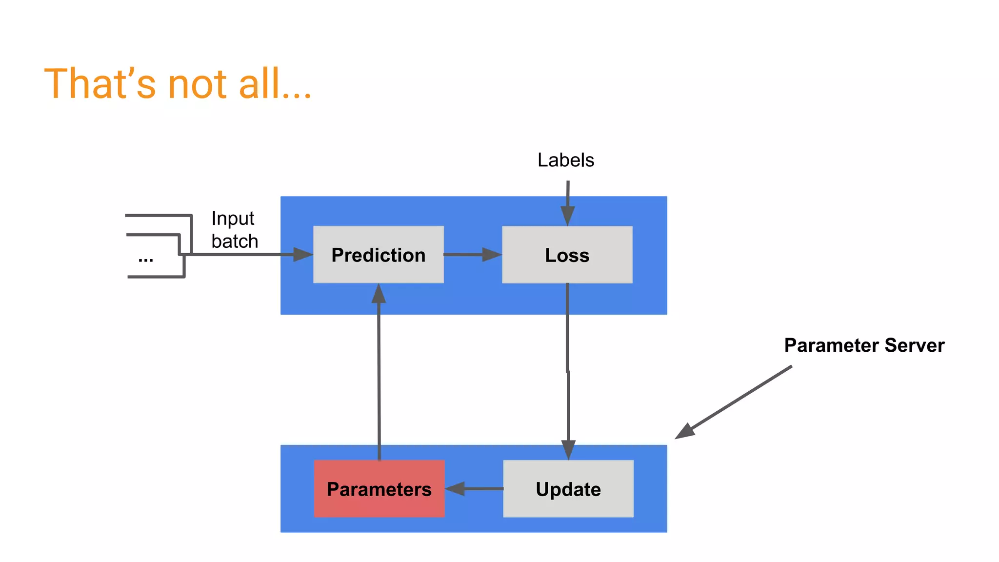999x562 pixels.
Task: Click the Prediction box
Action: point(378,254)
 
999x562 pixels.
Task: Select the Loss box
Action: point(567,254)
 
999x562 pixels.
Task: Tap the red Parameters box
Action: point(379,488)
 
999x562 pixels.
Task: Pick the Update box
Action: point(568,488)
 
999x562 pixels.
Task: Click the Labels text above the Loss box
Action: point(565,160)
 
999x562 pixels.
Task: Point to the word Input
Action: point(233,218)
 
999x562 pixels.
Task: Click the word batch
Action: point(235,241)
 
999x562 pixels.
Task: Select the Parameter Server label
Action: point(864,345)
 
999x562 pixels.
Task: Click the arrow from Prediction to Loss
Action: point(472,254)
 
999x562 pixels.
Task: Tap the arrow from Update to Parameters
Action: point(474,488)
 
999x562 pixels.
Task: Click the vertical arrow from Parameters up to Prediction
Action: point(379,371)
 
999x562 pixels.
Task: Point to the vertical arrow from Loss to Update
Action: point(568,371)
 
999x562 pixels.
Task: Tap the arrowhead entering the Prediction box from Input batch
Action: point(302,254)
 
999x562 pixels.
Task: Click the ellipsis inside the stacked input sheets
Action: point(145,259)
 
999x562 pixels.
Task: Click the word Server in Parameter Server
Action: point(915,345)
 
